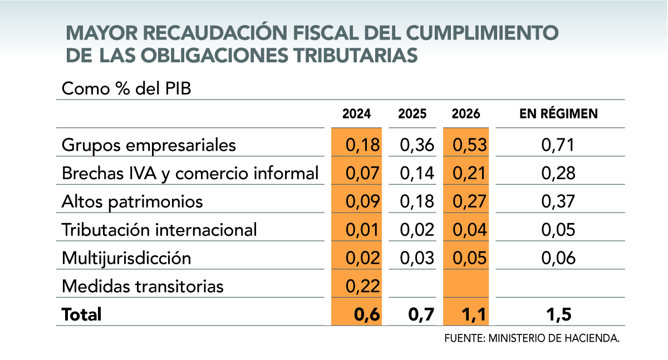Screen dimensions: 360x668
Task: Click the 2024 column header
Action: (x=356, y=114)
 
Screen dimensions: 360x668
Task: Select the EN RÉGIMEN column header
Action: (x=558, y=114)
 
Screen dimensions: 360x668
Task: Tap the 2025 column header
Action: (x=412, y=114)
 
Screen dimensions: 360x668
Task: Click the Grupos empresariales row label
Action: (x=149, y=145)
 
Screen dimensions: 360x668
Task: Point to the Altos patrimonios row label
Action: (x=132, y=201)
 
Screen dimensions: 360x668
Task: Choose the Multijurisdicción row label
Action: (x=126, y=258)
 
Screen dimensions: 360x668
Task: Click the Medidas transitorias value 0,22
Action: (x=362, y=286)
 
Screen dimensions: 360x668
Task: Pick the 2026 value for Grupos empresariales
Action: (x=470, y=145)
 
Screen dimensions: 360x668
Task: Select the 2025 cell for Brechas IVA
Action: (x=416, y=174)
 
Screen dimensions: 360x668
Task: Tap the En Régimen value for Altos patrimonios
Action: (x=558, y=201)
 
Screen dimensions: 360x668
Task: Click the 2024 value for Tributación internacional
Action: (x=362, y=230)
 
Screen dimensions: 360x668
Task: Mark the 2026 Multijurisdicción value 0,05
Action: (x=470, y=258)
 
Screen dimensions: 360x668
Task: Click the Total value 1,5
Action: (x=558, y=315)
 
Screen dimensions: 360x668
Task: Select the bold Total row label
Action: (x=82, y=315)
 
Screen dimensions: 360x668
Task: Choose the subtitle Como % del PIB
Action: (x=126, y=89)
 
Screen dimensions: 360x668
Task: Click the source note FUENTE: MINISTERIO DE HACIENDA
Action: (x=532, y=338)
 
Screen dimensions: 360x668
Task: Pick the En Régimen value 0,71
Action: (x=558, y=145)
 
